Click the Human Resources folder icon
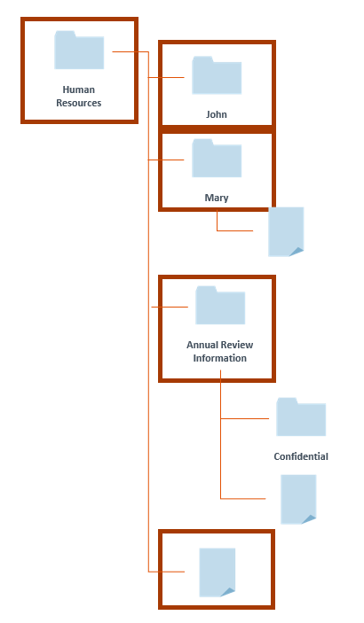click(79, 50)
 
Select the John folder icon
click(217, 75)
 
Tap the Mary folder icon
click(217, 158)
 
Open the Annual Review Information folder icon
click(220, 305)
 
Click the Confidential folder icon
click(301, 417)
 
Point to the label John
click(217, 114)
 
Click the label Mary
click(217, 198)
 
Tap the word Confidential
click(301, 456)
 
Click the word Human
click(79, 90)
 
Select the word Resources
click(79, 103)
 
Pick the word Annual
click(203, 345)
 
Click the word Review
click(238, 345)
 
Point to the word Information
click(220, 358)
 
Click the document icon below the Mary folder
click(286, 231)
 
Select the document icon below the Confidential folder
click(298, 499)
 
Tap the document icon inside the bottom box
click(217, 572)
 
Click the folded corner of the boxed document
click(228, 592)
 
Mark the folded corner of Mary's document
click(297, 252)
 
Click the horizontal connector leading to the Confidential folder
click(245, 418)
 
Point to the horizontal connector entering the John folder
click(166, 77)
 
